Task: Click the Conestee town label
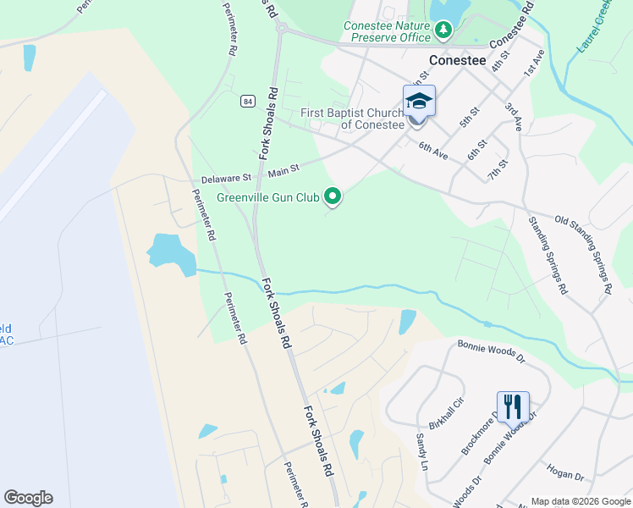point(457,60)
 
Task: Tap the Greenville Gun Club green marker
point(333,196)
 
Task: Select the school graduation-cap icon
point(419,102)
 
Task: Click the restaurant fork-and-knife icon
point(513,407)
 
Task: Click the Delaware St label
point(226,179)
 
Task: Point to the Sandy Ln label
point(421,450)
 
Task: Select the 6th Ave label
point(432,150)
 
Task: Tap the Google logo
point(28,498)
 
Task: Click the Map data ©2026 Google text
point(580,501)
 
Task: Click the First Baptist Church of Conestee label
point(352,119)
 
